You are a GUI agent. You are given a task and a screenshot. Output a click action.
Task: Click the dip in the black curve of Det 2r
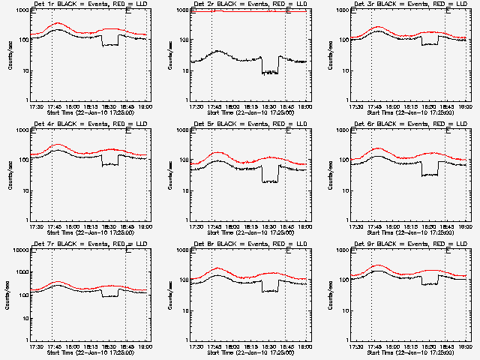[269, 72]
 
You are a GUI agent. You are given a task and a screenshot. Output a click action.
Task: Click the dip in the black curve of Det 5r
[269, 181]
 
